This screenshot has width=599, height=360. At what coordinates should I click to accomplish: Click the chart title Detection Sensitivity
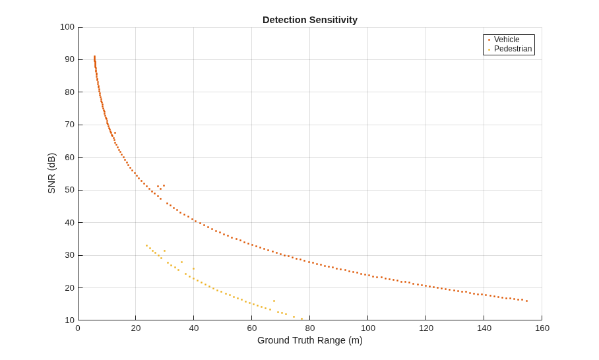[310, 20]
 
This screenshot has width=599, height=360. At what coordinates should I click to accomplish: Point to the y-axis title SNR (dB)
[51, 173]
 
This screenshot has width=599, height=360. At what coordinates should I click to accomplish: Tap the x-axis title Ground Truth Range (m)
[310, 340]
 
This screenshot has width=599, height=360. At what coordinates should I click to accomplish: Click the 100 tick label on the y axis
[67, 27]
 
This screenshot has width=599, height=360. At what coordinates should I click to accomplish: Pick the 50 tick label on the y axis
[69, 190]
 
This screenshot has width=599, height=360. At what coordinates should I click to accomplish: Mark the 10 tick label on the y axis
[69, 320]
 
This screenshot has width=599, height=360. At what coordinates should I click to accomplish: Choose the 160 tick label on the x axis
[542, 328]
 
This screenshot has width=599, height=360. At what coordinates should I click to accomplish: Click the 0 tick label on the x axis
[78, 328]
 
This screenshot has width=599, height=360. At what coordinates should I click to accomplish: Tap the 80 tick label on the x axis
[310, 328]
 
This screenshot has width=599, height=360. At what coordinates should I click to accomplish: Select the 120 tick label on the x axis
[426, 328]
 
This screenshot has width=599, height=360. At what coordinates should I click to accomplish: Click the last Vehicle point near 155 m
[527, 301]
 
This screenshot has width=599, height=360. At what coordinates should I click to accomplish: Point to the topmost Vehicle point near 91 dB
[94, 57]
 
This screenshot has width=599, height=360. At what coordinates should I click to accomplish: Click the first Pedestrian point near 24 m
[146, 245]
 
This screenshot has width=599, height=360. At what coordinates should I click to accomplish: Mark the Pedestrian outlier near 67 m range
[274, 301]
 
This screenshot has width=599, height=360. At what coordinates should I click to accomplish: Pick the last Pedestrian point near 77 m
[301, 318]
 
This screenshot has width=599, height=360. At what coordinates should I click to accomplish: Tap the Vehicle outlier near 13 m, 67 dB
[115, 133]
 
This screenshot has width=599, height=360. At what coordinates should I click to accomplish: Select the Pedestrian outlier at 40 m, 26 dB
[193, 269]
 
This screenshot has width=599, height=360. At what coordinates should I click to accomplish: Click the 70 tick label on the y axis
[69, 125]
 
